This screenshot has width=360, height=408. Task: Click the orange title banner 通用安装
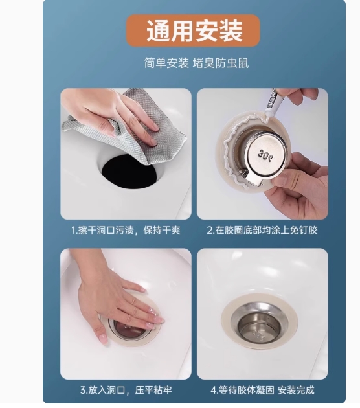coord(193,30)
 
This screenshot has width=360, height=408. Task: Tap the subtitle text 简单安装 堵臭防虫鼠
coord(196,63)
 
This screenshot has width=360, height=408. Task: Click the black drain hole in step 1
coord(129,171)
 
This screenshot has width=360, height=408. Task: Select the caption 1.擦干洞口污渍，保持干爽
coord(126,231)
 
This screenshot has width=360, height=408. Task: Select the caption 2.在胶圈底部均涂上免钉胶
coord(262,231)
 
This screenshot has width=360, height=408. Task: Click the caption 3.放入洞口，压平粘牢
coord(126,390)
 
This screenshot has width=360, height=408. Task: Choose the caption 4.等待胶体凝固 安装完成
coord(262,390)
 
